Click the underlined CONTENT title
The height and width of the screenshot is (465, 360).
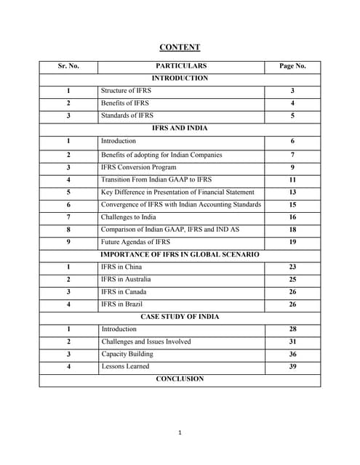tap(180, 47)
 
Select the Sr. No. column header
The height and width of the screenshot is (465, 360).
tap(68, 65)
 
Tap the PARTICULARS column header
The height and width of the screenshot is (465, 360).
tap(180, 65)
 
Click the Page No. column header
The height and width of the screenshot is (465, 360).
tap(292, 65)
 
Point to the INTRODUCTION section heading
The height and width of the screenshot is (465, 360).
tap(180, 78)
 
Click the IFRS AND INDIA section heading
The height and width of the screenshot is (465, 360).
tap(180, 128)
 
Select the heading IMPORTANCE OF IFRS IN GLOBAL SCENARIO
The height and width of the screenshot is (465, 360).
tap(180, 254)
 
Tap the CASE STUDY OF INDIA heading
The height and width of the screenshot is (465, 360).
tap(180, 317)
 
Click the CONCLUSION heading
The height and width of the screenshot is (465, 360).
tap(180, 379)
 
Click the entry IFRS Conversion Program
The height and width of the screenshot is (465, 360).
tap(139, 166)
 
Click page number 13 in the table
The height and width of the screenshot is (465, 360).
tap(292, 192)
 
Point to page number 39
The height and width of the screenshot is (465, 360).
tap(292, 367)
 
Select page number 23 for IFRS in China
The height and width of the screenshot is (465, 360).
tap(292, 267)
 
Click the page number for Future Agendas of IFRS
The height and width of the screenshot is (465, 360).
tap(292, 242)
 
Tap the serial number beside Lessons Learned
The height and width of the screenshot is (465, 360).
tap(68, 367)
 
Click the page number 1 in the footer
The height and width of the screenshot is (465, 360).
tap(180, 433)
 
